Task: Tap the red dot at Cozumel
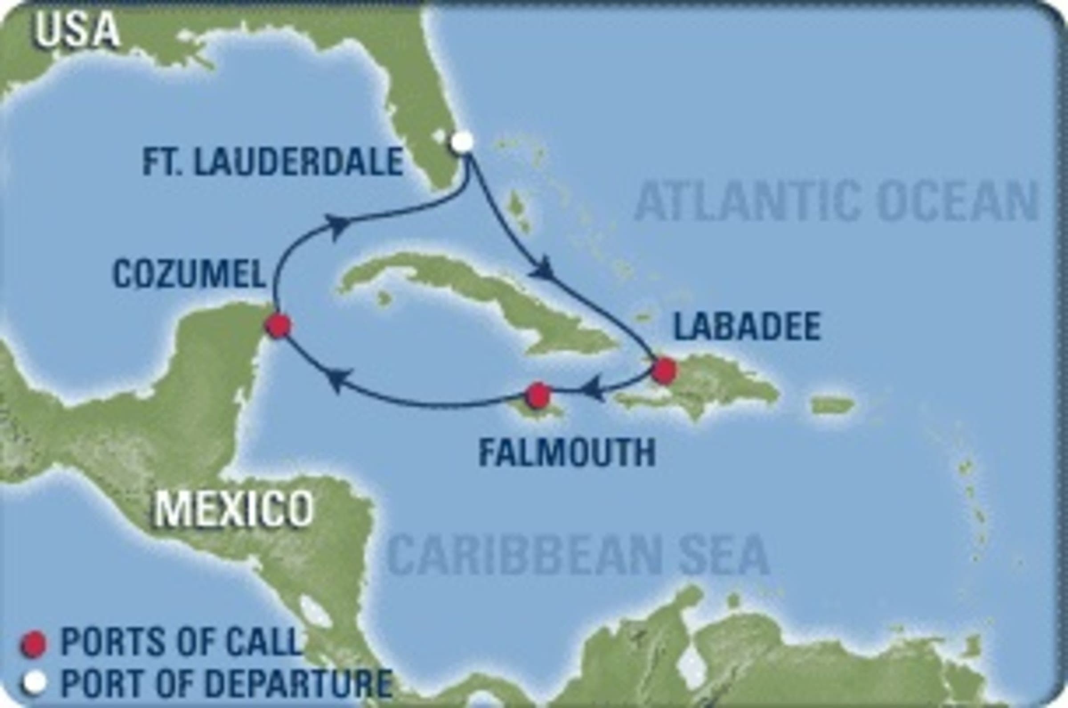click(278, 326)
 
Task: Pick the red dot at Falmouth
click(538, 395)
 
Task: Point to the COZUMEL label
click(189, 275)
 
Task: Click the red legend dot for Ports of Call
click(33, 644)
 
